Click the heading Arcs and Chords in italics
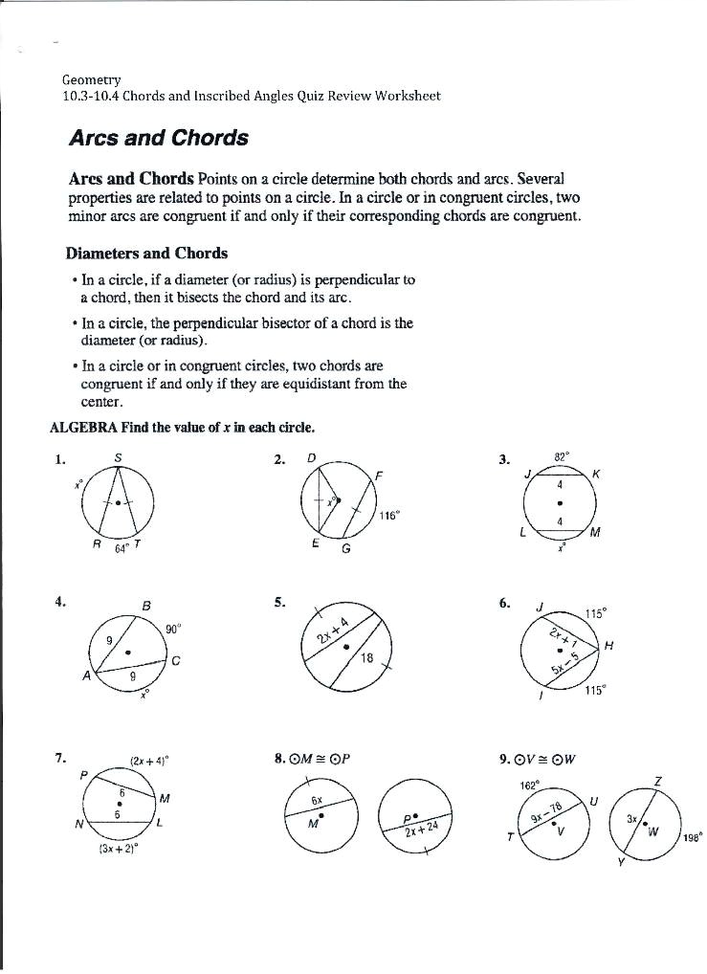(158, 138)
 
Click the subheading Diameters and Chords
(146, 254)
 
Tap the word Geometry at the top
(91, 79)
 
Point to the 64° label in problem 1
(122, 548)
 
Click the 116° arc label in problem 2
(389, 516)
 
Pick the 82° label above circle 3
(562, 456)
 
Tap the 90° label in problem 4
(173, 629)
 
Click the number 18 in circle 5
(366, 658)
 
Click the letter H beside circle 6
(608, 647)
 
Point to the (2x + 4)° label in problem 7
(148, 762)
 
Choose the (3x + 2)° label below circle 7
(118, 848)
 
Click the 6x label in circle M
(316, 799)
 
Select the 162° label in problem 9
(530, 785)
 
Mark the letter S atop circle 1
(118, 458)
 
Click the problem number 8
(278, 760)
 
